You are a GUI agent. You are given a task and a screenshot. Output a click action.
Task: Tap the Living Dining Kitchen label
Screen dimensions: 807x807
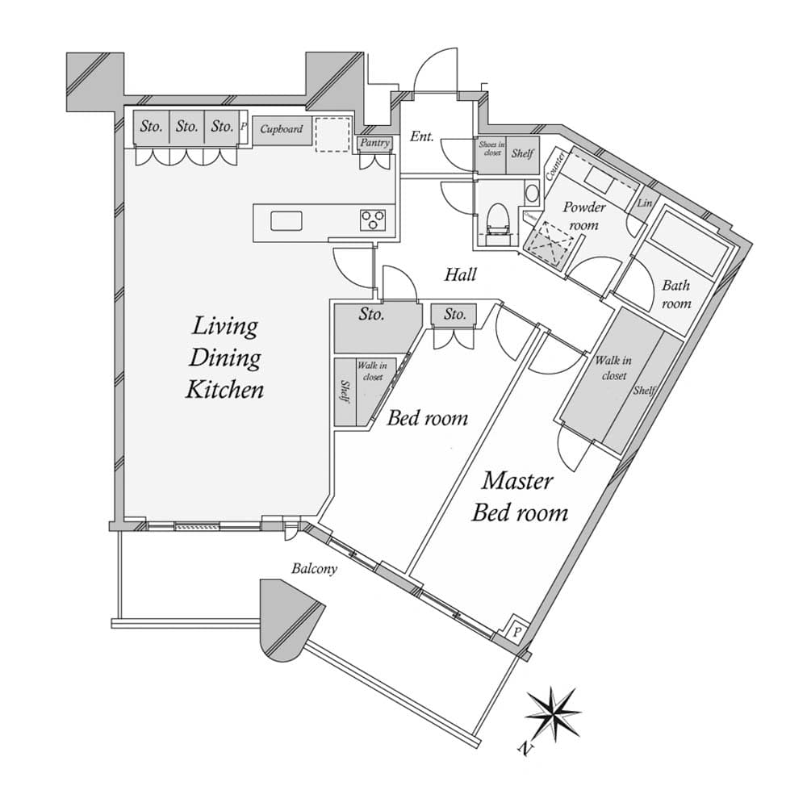(x=224, y=358)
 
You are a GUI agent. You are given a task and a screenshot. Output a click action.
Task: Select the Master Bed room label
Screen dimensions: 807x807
(x=519, y=496)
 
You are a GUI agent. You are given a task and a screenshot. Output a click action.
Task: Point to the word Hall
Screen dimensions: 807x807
(x=460, y=275)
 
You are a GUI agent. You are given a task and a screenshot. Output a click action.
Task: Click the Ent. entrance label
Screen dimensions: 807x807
(x=422, y=136)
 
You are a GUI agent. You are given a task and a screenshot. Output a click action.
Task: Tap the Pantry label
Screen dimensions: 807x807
(x=374, y=144)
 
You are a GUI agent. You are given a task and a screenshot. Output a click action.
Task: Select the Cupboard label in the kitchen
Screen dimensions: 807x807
(x=282, y=129)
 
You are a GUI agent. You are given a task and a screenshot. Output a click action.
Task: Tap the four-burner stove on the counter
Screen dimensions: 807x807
(x=373, y=220)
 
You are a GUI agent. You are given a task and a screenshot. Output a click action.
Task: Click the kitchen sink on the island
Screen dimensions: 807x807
(x=286, y=220)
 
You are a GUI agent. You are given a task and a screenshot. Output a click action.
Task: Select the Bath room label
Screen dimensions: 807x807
(x=676, y=294)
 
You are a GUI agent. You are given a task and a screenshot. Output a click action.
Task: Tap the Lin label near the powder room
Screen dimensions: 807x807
(x=644, y=203)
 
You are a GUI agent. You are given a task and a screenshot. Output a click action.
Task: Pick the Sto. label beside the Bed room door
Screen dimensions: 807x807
(x=454, y=314)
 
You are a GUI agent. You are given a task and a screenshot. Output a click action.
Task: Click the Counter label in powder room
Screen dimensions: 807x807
(x=554, y=165)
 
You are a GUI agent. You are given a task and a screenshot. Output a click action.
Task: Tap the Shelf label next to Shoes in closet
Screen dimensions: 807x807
(x=522, y=153)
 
